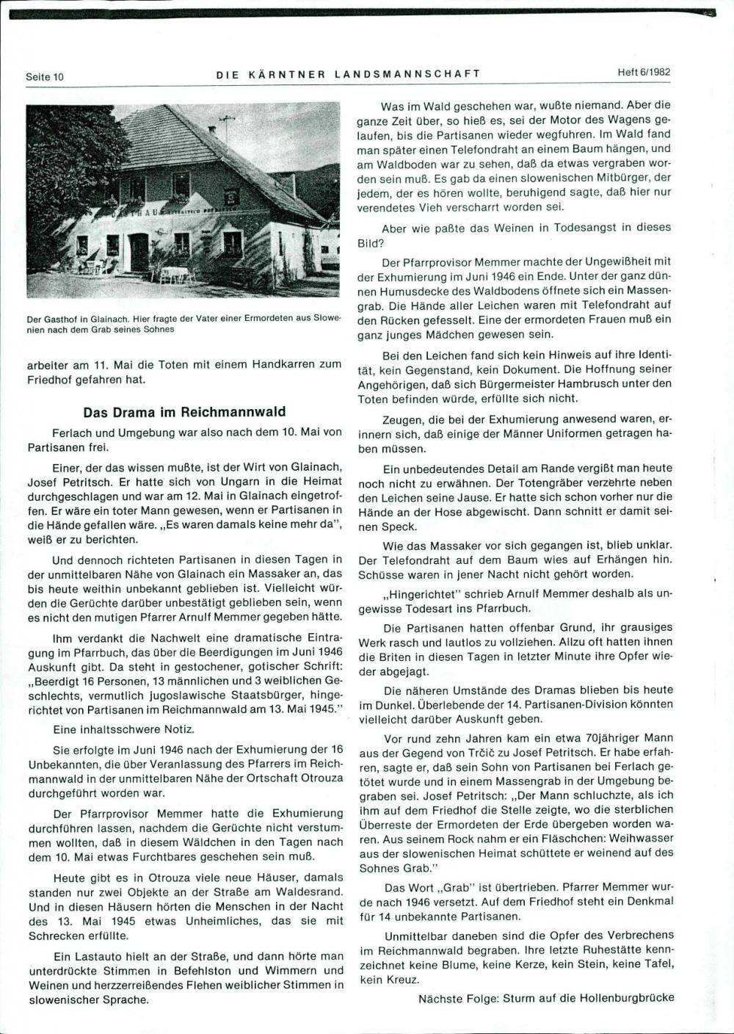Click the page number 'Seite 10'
(x=45, y=76)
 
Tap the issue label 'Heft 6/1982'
(x=644, y=73)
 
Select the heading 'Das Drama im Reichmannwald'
(x=184, y=412)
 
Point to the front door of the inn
(x=139, y=252)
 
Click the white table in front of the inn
(x=174, y=274)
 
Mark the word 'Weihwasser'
(x=643, y=838)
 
